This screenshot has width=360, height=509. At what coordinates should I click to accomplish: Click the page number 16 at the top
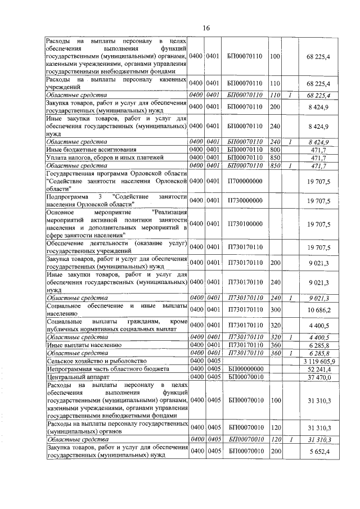coord(206,28)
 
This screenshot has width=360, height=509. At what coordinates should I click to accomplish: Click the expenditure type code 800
coord(275,151)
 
